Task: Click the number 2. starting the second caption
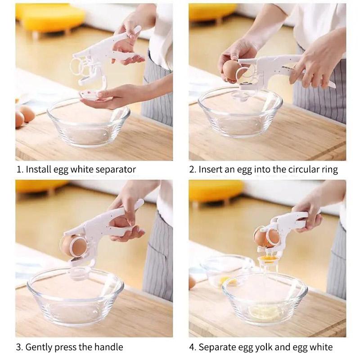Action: pyautogui.click(x=193, y=170)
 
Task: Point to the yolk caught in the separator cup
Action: pyautogui.click(x=265, y=259)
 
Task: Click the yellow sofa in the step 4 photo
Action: pyautogui.click(x=216, y=190)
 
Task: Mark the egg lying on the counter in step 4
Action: pyautogui.click(x=192, y=282)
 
